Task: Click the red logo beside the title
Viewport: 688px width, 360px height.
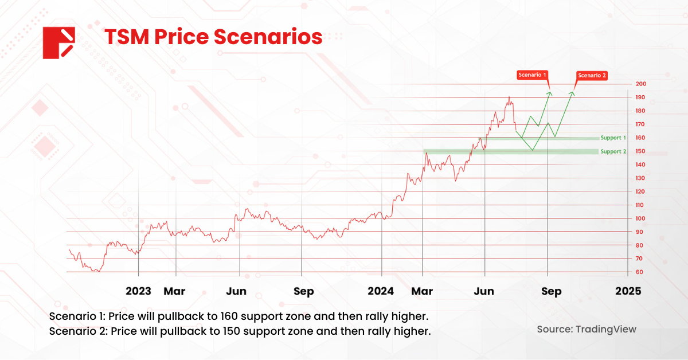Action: tap(59, 42)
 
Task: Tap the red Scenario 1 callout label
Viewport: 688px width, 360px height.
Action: tap(533, 75)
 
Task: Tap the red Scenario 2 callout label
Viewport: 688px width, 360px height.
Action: tap(592, 75)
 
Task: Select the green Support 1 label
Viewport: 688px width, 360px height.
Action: tap(613, 138)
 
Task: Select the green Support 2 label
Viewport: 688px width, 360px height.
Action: tap(613, 151)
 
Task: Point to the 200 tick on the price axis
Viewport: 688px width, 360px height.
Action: tap(640, 84)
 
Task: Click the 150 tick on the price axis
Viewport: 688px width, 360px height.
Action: tap(640, 151)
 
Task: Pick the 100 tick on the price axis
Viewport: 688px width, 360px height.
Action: tap(640, 218)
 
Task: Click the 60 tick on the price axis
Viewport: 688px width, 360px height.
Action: tap(639, 272)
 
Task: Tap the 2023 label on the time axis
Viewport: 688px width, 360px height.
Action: tap(138, 291)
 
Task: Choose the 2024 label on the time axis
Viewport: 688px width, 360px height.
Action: tap(381, 291)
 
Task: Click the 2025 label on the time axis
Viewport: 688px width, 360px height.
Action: tap(628, 291)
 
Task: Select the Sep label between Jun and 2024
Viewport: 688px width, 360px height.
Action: tap(303, 291)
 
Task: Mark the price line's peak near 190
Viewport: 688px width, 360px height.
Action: tap(509, 98)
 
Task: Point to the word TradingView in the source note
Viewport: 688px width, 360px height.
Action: tap(607, 330)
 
